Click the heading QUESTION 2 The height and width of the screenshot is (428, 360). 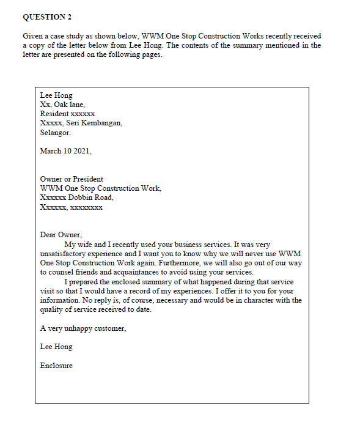47,17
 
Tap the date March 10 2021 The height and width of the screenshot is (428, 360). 65,151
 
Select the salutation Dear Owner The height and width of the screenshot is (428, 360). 61,235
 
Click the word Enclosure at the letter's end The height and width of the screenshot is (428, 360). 56,366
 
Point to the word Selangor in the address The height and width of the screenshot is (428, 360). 55,132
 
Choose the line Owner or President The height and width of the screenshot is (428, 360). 72,179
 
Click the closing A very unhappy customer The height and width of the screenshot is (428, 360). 83,328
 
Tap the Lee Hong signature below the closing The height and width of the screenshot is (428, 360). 56,347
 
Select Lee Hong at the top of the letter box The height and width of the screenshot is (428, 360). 56,95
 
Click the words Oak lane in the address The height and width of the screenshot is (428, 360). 69,105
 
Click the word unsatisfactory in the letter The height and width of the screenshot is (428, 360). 65,253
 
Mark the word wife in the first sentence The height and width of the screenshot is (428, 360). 84,245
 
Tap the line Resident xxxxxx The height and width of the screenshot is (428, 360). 67,114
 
